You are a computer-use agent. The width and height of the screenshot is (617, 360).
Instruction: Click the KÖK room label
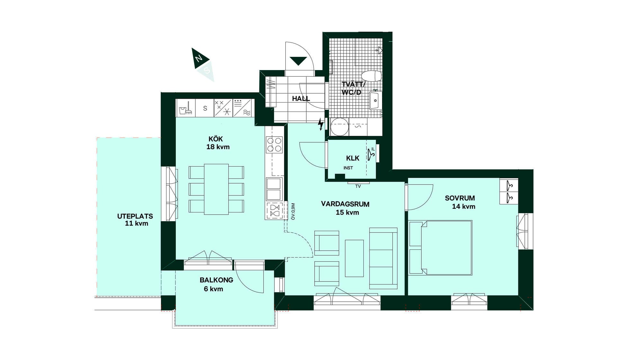click(216, 139)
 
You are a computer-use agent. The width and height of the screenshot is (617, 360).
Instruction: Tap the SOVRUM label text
click(460, 198)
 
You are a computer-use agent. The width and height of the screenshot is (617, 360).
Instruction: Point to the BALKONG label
click(216, 280)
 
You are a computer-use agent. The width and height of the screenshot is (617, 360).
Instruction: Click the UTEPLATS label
click(135, 216)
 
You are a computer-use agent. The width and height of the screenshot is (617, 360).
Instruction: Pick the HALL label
click(301, 99)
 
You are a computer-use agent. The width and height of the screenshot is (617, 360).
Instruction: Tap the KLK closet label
click(353, 158)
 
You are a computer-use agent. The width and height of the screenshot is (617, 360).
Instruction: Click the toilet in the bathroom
click(371, 76)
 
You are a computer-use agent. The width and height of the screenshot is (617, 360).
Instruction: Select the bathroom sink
click(375, 100)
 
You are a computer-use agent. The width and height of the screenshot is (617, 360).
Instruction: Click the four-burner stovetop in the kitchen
click(274, 144)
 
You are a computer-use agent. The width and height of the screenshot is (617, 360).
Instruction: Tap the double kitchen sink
click(274, 189)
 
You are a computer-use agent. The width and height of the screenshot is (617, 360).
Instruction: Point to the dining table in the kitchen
click(216, 189)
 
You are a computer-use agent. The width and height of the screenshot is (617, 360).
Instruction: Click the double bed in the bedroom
click(440, 248)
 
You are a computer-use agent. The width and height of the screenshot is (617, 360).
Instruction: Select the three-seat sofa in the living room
click(383, 258)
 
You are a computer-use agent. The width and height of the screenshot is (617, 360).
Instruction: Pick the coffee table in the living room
click(354, 258)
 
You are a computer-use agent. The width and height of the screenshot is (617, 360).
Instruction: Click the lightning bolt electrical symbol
click(320, 124)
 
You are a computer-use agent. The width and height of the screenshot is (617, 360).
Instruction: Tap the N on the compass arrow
click(199, 58)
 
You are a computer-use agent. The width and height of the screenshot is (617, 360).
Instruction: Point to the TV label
click(358, 186)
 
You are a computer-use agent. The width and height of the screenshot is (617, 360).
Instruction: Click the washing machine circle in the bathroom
click(339, 127)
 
